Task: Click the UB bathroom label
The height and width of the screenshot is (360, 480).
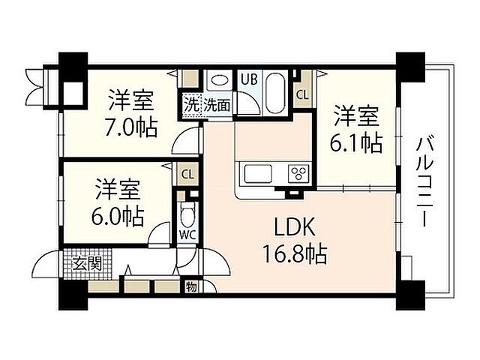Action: tap(248, 77)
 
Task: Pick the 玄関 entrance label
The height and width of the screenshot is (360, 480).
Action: tap(88, 262)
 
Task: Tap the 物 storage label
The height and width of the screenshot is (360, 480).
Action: tap(192, 286)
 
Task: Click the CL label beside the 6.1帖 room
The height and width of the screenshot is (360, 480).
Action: tap(301, 95)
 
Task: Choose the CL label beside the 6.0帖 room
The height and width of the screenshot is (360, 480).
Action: tap(187, 174)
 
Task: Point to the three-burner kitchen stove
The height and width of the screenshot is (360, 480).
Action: tap(297, 173)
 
